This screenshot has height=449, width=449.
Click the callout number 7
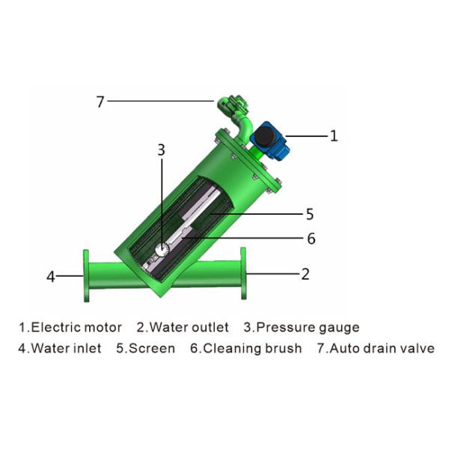tap(100, 102)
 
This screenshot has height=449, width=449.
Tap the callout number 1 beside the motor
tap(334, 135)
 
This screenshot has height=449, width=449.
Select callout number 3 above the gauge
tap(162, 150)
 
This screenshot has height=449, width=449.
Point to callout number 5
tap(310, 214)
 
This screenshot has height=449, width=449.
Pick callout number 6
tap(311, 239)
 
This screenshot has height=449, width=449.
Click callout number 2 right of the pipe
tap(305, 274)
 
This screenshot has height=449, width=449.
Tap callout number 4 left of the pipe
tap(51, 277)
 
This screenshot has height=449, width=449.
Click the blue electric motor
tap(269, 141)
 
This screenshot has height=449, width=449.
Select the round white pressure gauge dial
tap(162, 249)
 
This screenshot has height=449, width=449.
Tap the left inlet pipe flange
tap(86, 276)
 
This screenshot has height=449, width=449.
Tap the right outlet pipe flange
tap(243, 273)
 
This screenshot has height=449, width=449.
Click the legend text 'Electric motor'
tap(76, 327)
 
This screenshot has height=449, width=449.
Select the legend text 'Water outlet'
tap(189, 327)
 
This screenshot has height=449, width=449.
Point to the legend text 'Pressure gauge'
tap(308, 328)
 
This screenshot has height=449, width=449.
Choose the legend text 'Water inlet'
tap(66, 349)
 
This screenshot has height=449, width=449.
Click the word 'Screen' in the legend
tap(152, 349)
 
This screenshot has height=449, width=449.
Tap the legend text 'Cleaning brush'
tap(252, 349)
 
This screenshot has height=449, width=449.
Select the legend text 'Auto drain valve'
tap(382, 349)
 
